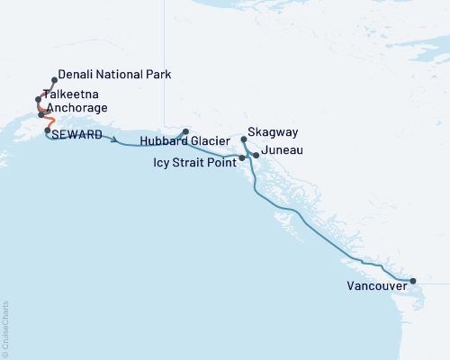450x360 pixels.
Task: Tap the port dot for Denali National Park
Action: point(55,79)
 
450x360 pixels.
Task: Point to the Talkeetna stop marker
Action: point(39,99)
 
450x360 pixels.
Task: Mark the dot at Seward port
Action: point(47,130)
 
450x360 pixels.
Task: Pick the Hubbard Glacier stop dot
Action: point(186,130)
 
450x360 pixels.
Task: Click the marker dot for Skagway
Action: point(244,139)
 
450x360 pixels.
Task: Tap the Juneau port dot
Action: point(256,156)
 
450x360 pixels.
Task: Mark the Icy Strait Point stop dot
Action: point(242,158)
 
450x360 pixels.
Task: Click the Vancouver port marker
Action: point(413,282)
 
